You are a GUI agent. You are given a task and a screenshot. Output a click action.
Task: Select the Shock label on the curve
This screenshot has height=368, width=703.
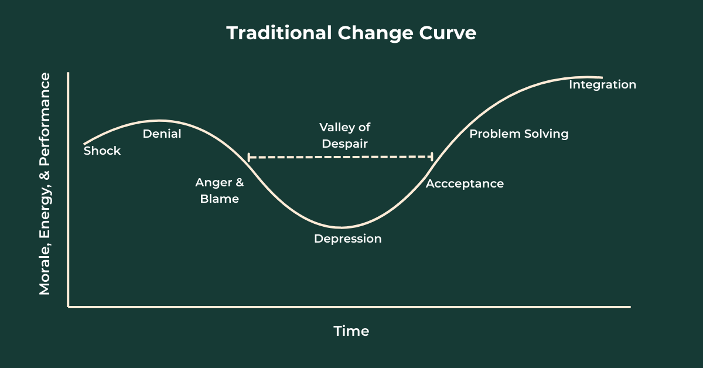pos(102,151)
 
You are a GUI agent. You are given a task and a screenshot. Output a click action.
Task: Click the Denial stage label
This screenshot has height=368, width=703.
pos(162,134)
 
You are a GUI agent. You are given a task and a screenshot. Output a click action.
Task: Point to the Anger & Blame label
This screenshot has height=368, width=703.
pos(220,190)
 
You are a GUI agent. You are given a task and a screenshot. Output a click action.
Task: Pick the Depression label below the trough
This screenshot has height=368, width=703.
pos(347,238)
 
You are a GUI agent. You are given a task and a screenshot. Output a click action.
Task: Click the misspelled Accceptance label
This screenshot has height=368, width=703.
pos(465,183)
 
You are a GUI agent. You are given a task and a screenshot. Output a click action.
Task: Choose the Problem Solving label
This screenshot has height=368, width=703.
pos(519,134)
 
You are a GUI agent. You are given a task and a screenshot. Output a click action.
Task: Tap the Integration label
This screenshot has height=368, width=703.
pos(602,84)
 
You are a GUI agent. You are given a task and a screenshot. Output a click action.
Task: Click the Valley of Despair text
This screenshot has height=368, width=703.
pos(344,135)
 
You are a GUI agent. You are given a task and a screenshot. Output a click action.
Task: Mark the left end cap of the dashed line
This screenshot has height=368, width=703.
pos(248,157)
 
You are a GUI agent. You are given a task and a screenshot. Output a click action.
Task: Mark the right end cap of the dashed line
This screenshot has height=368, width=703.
pos(432,156)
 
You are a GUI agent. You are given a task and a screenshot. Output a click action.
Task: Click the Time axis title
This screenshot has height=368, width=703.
pos(351,330)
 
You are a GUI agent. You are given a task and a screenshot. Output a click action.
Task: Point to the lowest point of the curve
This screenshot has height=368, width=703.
pos(341,227)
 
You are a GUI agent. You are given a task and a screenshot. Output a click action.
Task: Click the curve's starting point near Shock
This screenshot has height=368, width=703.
pos(84,144)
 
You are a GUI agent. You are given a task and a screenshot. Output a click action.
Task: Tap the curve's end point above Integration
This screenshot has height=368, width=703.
pos(602,77)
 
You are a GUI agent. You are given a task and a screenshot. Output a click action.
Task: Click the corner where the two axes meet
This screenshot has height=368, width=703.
pos(69,306)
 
